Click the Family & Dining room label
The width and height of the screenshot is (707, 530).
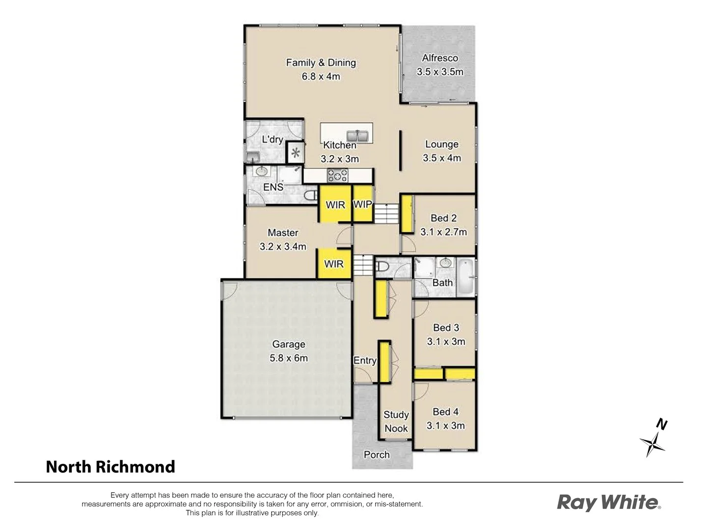321,63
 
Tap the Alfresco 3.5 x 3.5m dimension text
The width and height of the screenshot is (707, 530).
440,72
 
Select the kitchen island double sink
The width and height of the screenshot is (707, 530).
357,135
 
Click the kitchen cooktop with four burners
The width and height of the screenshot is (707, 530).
338,175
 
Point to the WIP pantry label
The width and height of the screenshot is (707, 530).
362,204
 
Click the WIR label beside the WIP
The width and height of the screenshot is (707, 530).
335,205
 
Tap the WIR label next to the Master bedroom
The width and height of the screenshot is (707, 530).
334,264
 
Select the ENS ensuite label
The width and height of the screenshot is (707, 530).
273,187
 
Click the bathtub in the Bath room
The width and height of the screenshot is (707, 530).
466,277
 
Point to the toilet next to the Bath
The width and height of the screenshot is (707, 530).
382,267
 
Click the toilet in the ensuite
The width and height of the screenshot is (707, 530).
310,195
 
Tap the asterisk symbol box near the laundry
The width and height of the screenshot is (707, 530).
295,153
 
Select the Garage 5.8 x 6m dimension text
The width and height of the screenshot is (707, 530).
289,358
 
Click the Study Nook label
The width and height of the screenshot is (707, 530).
396,422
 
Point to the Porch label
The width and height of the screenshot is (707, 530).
377,454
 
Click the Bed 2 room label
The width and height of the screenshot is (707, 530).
443,218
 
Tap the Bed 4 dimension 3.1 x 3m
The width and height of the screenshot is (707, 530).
445,425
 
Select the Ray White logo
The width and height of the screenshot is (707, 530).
609,503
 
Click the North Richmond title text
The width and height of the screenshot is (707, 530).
110,466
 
